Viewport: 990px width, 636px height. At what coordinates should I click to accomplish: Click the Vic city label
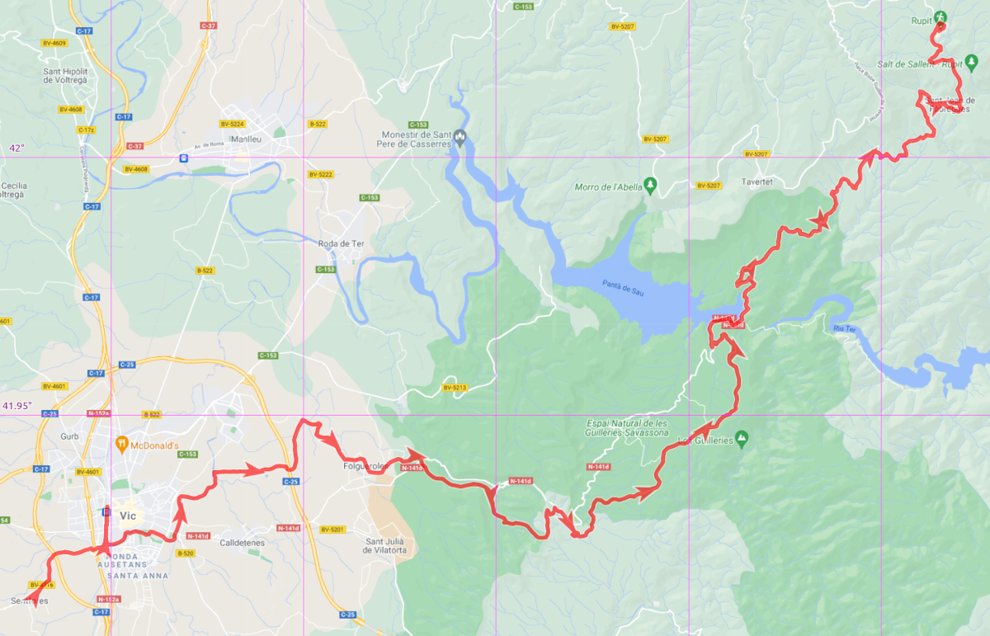(x=127, y=516)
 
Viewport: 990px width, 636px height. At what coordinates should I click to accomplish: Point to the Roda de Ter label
(x=341, y=243)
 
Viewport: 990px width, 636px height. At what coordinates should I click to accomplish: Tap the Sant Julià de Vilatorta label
(x=386, y=546)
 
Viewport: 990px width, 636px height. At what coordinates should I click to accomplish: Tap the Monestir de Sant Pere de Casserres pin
(x=460, y=136)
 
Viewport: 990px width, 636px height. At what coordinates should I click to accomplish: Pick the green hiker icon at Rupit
(x=940, y=18)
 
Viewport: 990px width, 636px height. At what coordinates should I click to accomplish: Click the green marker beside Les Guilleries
(x=741, y=437)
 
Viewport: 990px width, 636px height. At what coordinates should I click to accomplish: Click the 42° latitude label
(x=16, y=148)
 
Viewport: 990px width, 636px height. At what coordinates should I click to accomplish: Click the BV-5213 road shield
(x=455, y=387)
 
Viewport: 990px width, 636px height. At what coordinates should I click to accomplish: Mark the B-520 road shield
(x=185, y=554)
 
